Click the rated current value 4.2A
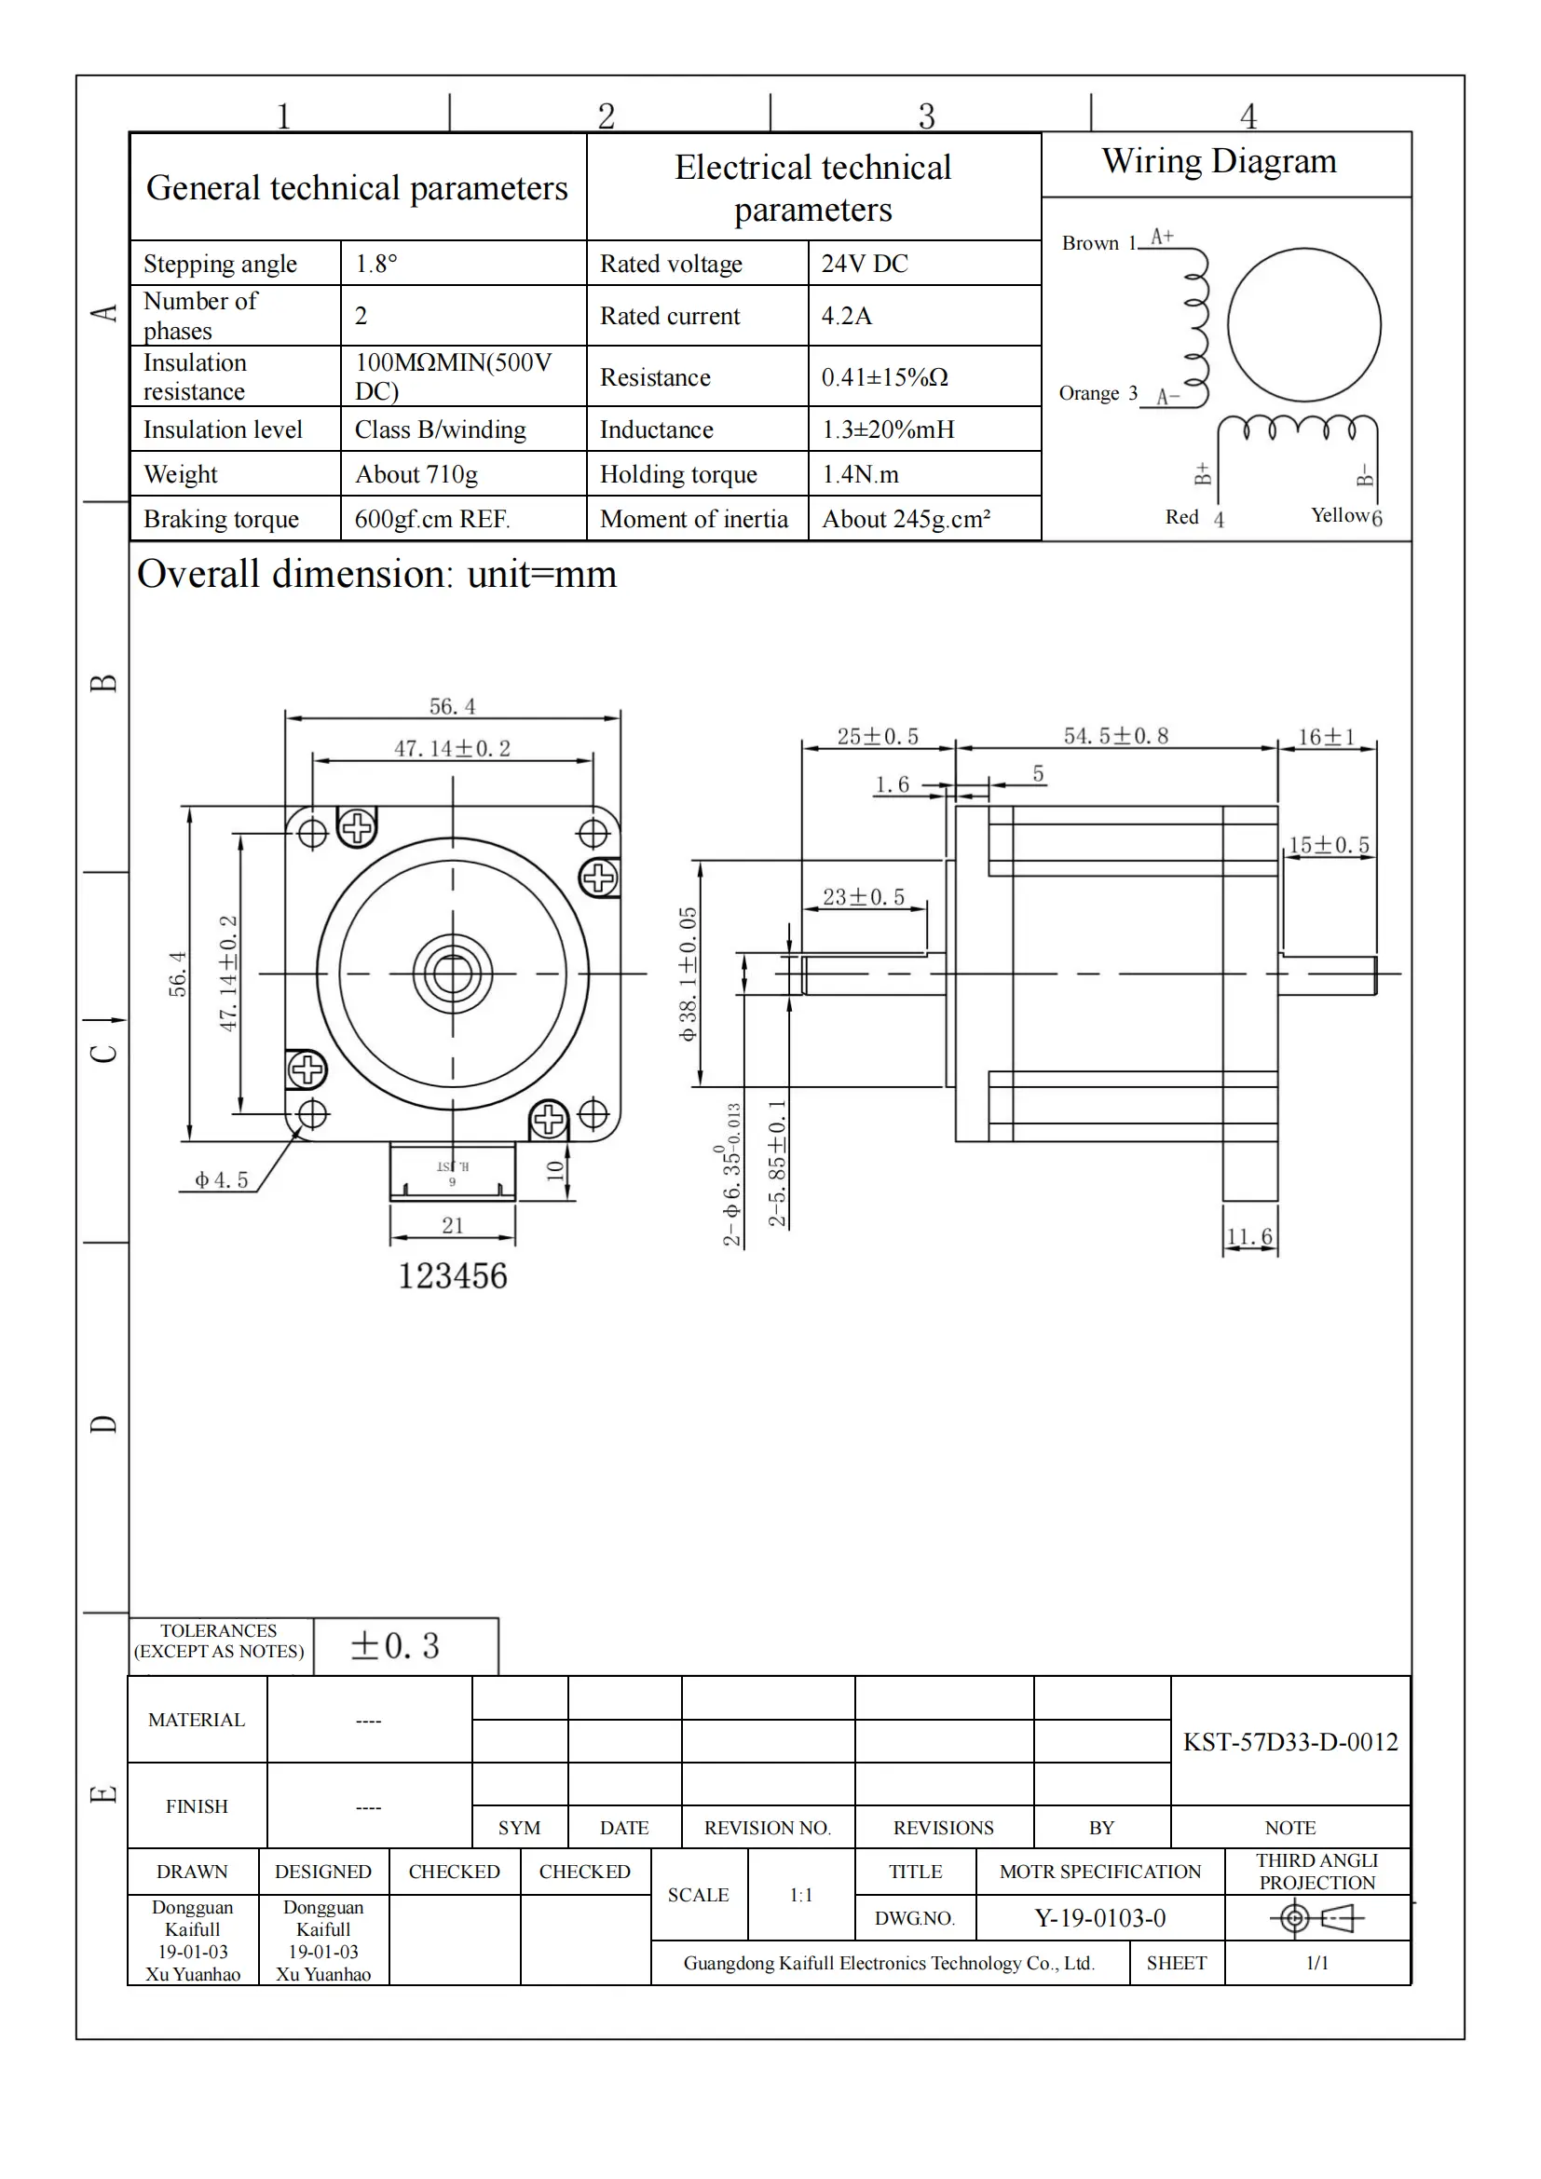tap(846, 316)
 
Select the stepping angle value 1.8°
tap(375, 264)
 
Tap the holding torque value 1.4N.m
tap(860, 474)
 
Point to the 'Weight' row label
tap(181, 474)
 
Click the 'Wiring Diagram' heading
tap(1219, 161)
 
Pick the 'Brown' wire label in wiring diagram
tap(1089, 244)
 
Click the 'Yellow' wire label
tap(1339, 515)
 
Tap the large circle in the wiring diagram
tap(1303, 325)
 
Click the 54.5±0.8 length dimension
tap(1115, 737)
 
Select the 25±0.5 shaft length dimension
tap(877, 738)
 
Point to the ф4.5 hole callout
tap(221, 1179)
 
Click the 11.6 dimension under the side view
tap(1248, 1236)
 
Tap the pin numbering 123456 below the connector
tap(453, 1276)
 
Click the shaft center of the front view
tap(453, 974)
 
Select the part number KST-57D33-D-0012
tap(1289, 1742)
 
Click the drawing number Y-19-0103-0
tap(1099, 1918)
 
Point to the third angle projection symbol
tap(1316, 1919)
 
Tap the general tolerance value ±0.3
tap(396, 1646)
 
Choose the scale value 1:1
tap(801, 1895)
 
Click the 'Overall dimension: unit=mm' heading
tap(376, 575)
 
